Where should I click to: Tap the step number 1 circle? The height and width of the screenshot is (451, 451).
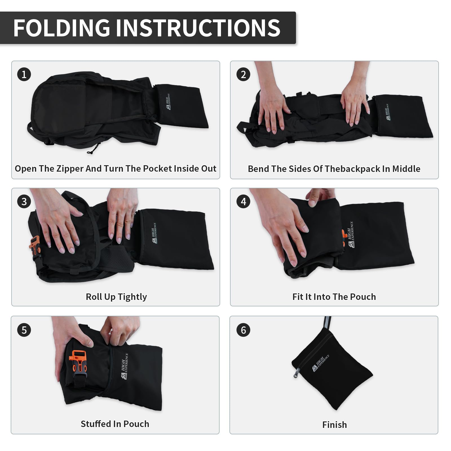pos(24,74)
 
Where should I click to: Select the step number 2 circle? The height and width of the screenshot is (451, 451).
pos(243,74)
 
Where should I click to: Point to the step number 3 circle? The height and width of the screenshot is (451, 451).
pos(24,202)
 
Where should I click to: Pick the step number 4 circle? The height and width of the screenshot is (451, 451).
pos(243,202)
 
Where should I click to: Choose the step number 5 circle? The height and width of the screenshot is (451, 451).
pos(24,330)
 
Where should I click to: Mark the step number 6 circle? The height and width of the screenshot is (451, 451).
pos(243,330)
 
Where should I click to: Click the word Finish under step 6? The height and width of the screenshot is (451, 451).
pos(335,425)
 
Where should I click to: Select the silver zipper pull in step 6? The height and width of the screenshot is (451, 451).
pos(296,373)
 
